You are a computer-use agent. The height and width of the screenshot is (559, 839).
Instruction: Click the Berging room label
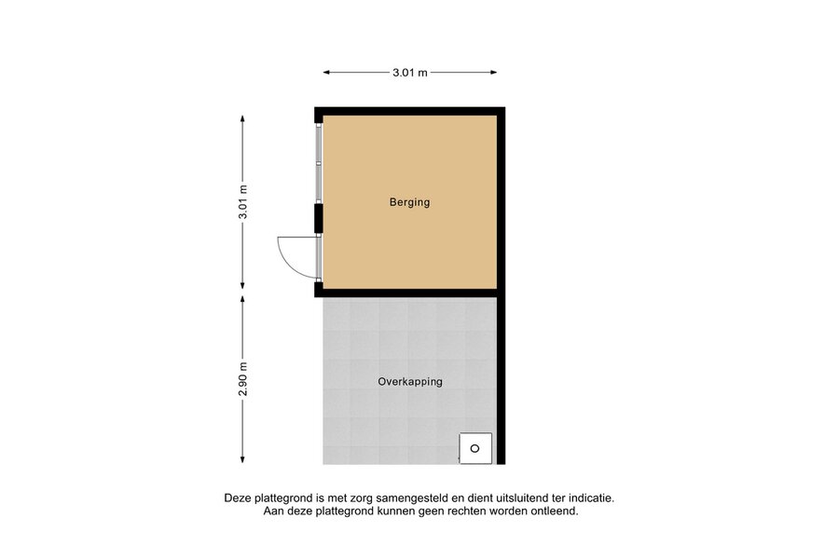409,202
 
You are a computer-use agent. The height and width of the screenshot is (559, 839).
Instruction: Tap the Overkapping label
410,382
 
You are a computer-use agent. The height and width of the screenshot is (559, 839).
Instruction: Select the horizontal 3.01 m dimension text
410,73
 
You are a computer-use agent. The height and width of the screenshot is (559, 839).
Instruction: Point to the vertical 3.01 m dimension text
243,201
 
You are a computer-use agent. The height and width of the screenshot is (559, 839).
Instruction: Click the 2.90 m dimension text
243,379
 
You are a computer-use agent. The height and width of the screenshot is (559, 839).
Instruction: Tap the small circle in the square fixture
475,448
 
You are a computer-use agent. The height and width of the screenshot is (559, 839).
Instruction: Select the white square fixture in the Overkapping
475,448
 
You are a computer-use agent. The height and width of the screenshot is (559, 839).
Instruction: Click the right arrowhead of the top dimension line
493,73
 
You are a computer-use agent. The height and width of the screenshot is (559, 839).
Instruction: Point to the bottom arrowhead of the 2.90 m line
242,459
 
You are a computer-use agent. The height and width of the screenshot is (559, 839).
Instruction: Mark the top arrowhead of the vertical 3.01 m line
242,119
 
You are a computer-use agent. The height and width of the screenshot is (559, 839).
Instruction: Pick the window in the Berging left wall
319,163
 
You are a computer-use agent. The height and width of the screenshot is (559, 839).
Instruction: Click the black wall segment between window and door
319,218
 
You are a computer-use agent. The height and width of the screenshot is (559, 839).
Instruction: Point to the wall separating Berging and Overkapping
410,293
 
